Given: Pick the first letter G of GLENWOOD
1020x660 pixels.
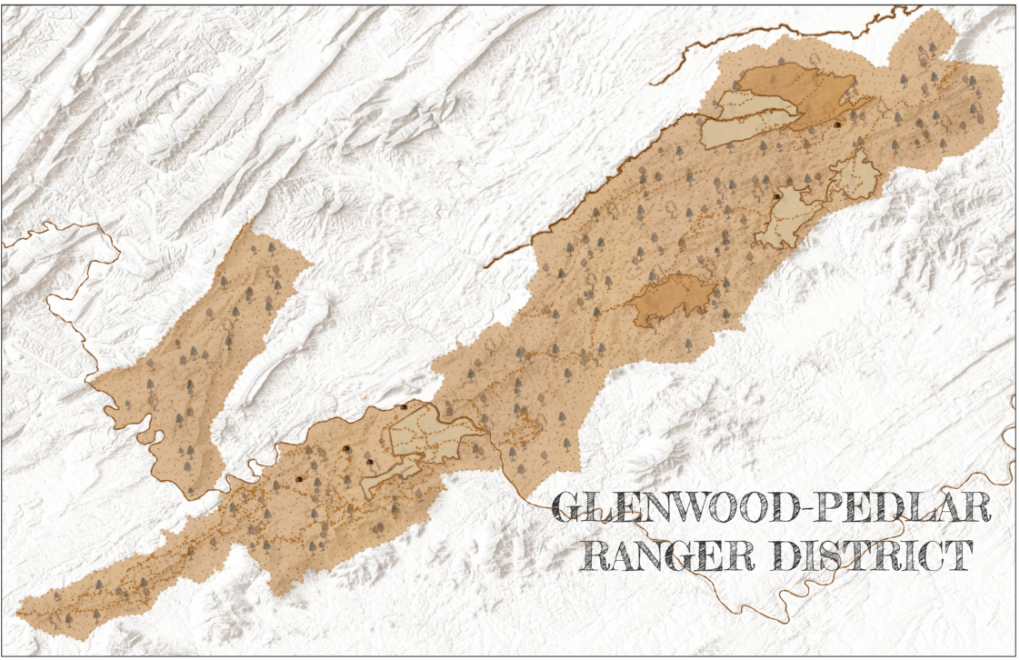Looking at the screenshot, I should pos(571,508).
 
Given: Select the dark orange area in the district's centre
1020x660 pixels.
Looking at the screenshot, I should pos(671,300).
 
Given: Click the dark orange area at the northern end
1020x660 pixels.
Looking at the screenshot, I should pos(800,88).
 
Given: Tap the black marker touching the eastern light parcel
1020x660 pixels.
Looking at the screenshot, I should pos(776,195).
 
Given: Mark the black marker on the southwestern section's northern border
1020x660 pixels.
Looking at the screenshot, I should pos(404,406).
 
